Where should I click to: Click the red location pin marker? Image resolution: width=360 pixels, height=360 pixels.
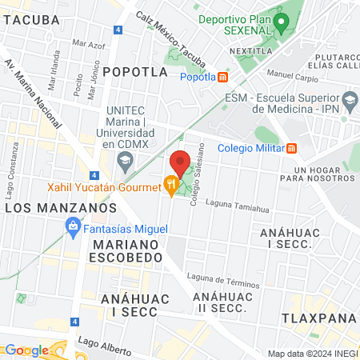click(181, 162)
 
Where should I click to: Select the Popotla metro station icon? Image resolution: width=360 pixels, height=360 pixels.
click(223, 77)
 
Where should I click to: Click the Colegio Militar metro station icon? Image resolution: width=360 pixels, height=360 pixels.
click(292, 147)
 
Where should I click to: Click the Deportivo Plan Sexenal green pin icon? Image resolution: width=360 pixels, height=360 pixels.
click(280, 22)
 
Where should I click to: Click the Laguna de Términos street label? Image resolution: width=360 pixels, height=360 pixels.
click(223, 281)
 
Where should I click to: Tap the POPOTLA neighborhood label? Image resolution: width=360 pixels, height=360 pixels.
click(135, 71)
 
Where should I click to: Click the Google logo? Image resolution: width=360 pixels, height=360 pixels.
click(26, 350)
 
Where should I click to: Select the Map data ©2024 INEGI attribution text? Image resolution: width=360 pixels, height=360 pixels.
click(312, 354)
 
